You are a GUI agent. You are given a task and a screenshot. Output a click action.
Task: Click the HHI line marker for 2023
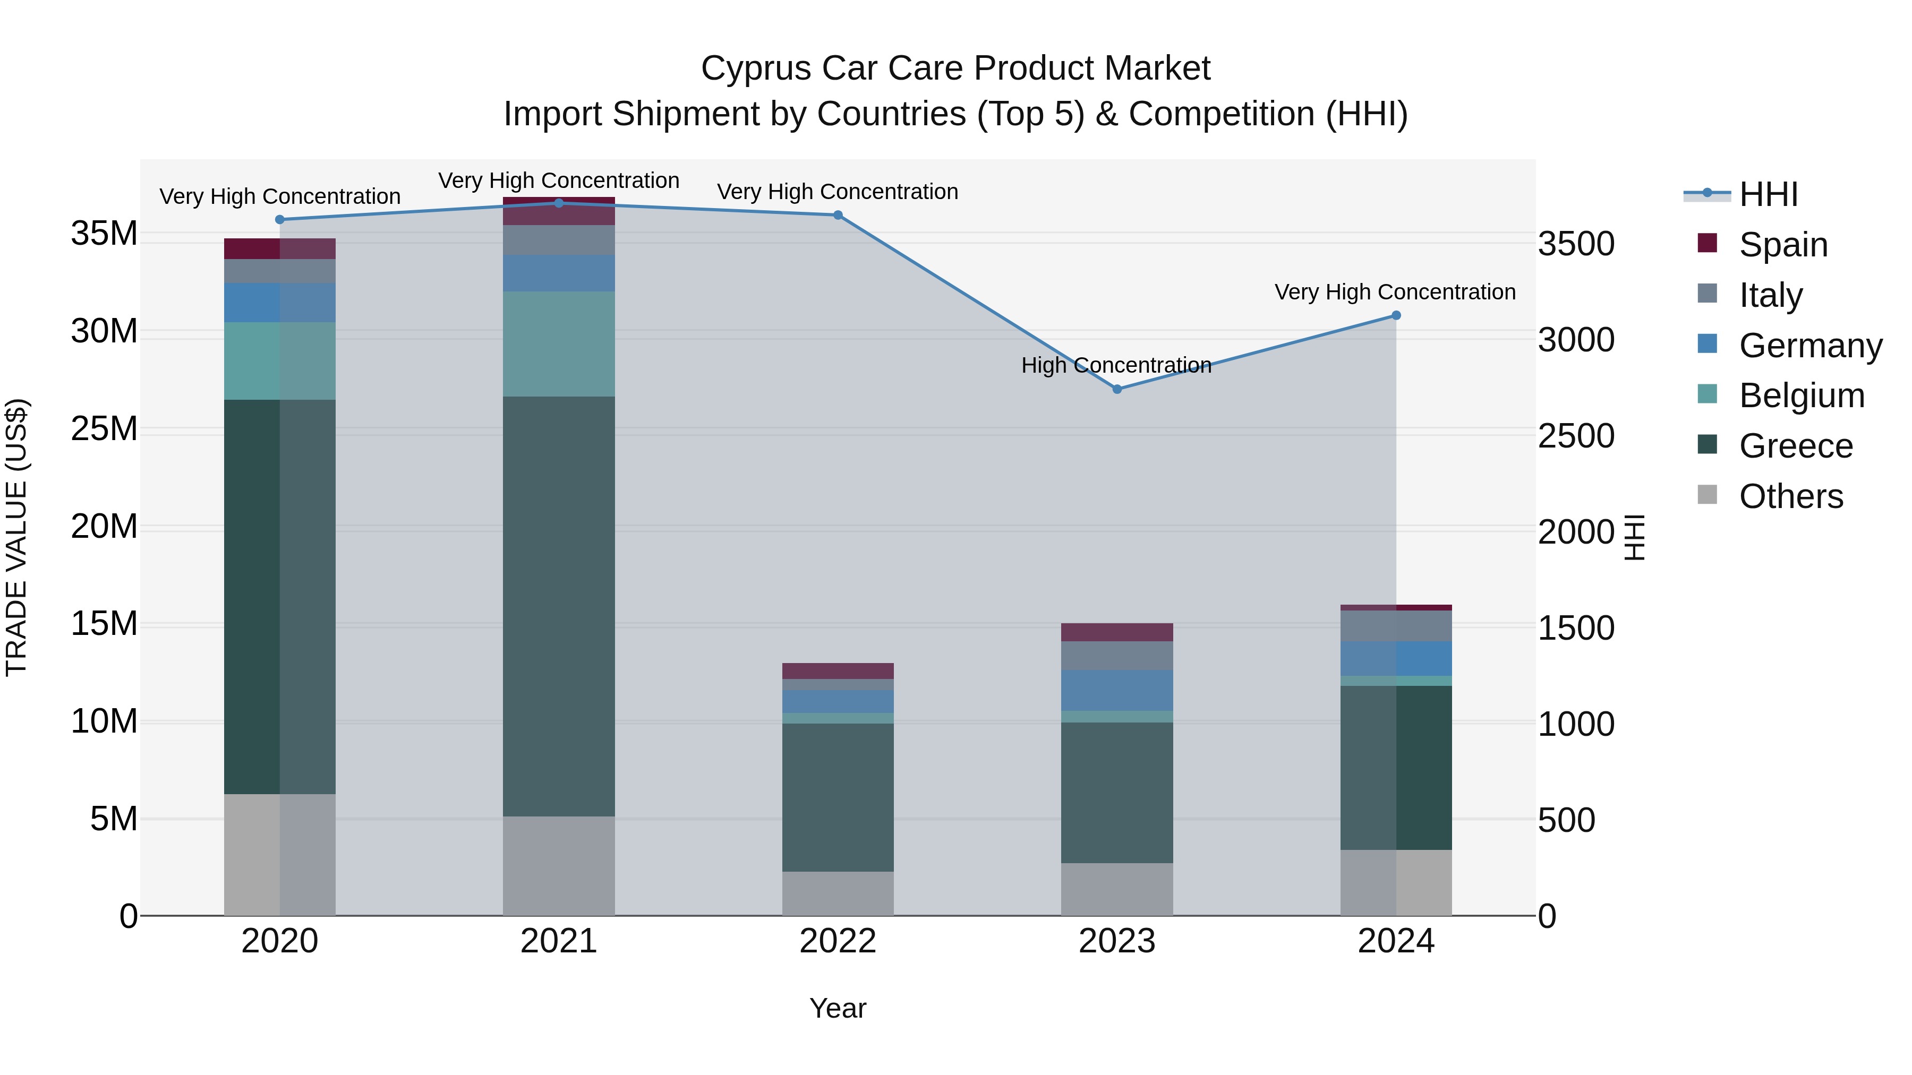pos(1117,389)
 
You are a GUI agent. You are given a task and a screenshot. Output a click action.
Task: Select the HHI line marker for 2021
pos(559,203)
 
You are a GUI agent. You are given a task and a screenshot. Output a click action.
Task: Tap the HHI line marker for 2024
pos(1395,315)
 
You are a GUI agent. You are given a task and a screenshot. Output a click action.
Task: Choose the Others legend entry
pos(1790,496)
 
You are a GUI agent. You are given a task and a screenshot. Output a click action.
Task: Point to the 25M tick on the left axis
pos(104,429)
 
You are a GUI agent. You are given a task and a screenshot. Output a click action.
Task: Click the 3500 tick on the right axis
pos(1576,244)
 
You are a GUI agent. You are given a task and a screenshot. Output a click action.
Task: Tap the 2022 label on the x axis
pos(837,941)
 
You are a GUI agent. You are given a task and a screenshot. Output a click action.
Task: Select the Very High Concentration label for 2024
pos(1395,293)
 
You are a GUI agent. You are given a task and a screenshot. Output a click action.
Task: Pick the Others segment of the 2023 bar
pos(1117,888)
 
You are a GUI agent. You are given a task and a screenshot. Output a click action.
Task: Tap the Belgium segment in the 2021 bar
pos(559,343)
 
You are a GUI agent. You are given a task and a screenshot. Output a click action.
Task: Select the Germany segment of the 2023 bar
pos(1117,690)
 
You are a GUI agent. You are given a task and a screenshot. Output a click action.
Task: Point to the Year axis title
pos(837,1008)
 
